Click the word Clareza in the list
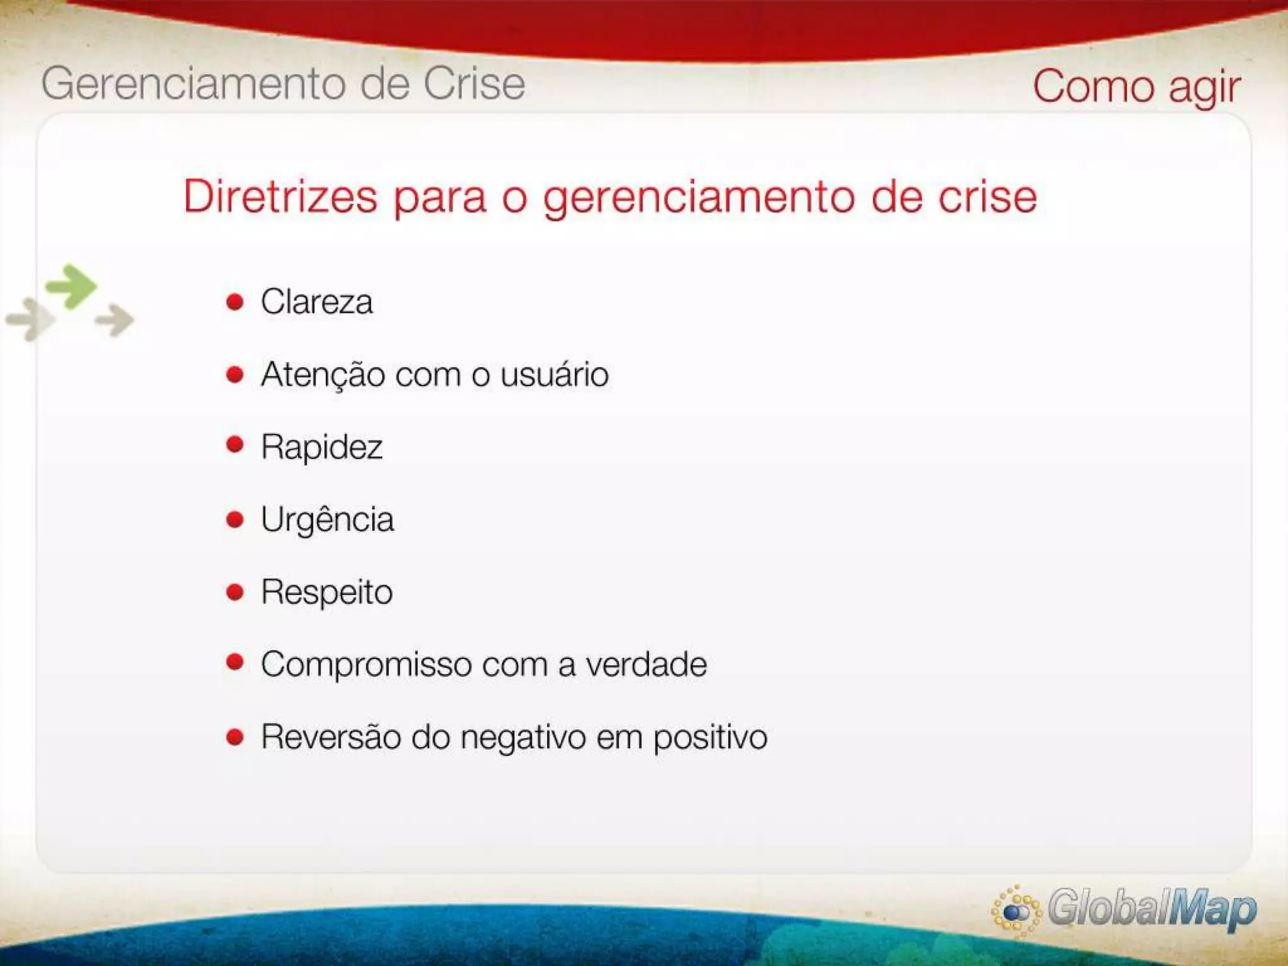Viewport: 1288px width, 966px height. click(x=316, y=302)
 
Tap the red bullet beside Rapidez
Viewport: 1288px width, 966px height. click(x=235, y=445)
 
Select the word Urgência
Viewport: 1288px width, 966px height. click(x=327, y=520)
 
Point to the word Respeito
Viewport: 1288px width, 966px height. click(x=326, y=592)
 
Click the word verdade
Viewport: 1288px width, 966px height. click(x=647, y=665)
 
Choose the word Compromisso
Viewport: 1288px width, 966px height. click(x=367, y=665)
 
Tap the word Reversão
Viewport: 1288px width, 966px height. click(x=331, y=737)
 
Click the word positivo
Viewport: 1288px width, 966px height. click(x=710, y=738)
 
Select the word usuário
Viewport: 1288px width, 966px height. click(x=555, y=375)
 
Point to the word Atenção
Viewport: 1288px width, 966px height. click(x=323, y=375)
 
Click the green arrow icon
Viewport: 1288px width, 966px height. click(x=72, y=287)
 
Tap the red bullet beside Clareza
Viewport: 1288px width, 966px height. click(x=235, y=303)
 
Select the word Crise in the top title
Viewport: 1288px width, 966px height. click(x=474, y=84)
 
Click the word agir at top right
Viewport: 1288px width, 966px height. click(x=1204, y=88)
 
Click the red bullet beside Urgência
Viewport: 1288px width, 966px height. click(x=235, y=519)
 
